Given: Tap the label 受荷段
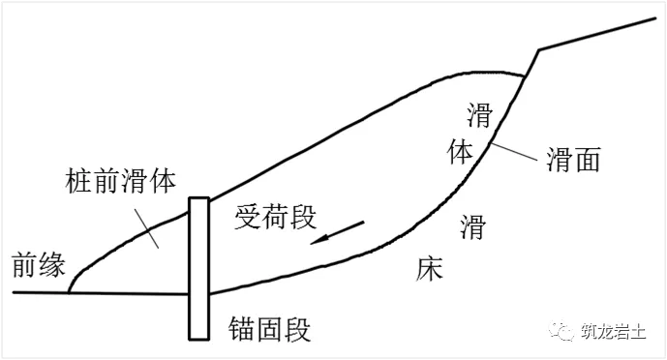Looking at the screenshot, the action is coord(275,218).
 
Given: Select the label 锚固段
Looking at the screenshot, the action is coord(271,329).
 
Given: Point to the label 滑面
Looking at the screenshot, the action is coord(573,160).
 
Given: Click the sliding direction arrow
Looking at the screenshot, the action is coord(338,233).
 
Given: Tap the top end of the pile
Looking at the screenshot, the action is coord(199,200).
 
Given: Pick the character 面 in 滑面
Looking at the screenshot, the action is coord(587,160).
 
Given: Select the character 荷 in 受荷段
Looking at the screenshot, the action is coord(275,218).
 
